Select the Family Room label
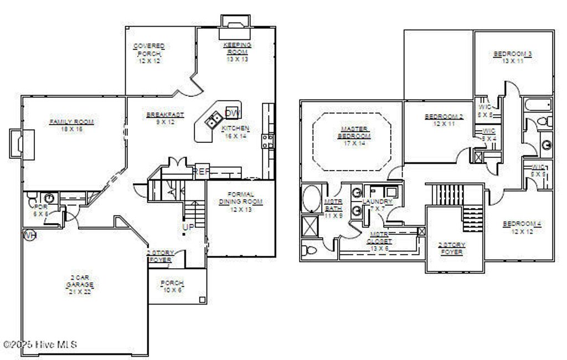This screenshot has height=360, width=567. [71, 125]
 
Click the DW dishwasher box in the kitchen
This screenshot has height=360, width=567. [233, 112]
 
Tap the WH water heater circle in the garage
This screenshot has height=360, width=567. [29, 235]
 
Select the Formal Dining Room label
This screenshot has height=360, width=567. [240, 202]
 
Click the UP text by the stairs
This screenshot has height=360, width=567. [189, 227]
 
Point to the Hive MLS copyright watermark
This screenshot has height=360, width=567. [40, 344]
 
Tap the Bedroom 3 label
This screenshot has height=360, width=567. [513, 57]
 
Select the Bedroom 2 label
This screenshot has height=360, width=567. [444, 120]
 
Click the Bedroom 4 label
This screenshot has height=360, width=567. [522, 227]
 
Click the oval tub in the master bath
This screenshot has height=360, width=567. [311, 199]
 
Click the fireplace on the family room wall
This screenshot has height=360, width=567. [17, 142]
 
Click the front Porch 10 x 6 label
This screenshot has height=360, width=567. [172, 286]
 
